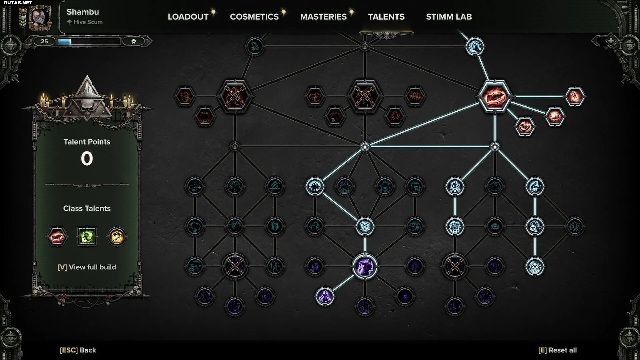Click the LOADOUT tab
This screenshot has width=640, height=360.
pos(188,17)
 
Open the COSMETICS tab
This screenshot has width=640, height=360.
pos(254,17)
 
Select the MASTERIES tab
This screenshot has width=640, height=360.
pos(323,17)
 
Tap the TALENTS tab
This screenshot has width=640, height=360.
pos(386,17)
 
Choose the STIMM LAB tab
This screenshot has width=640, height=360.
pos(449,17)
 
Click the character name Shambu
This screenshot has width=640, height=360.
pos(83,12)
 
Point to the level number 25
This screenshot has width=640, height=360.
pos(44,41)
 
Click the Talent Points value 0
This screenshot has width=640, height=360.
pos(87,159)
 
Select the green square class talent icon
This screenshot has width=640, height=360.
pos(87,236)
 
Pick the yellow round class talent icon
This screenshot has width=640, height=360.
pos(117,236)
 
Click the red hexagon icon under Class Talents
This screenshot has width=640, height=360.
pos(57,236)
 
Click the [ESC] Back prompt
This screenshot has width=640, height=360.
pos(78,350)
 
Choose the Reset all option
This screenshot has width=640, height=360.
pos(557,350)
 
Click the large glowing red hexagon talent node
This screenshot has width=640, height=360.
pos(495,97)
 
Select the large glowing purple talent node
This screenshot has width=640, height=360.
pos(365,267)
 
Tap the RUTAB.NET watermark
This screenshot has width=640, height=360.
pos(18,3)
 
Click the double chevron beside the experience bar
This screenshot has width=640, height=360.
pos(133,41)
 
